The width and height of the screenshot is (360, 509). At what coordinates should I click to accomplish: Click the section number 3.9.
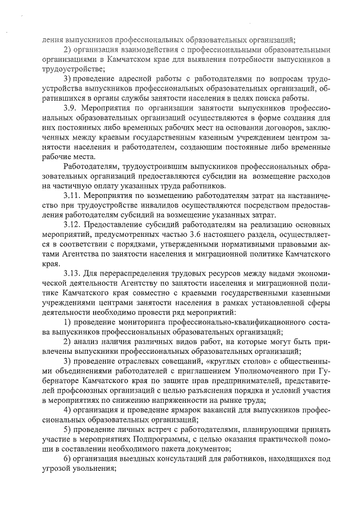coord(71,107)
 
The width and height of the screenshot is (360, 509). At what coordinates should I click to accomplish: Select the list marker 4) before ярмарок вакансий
coord(67,409)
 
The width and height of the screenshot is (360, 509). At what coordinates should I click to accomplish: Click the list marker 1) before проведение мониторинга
coord(67,322)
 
